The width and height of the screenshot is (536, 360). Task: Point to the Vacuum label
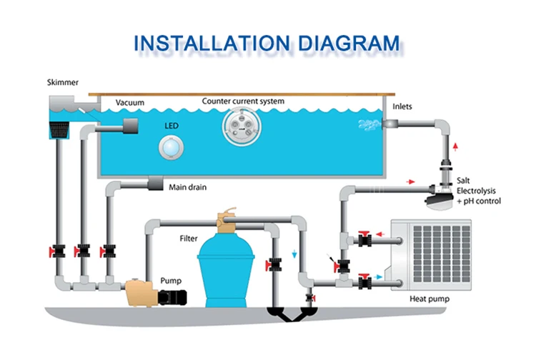tap(130, 103)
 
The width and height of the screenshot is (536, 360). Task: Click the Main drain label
tap(188, 188)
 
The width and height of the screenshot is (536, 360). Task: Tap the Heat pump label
tap(429, 299)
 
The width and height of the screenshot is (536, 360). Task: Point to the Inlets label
tap(402, 106)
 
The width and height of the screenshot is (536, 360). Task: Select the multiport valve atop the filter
tap(228, 216)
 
